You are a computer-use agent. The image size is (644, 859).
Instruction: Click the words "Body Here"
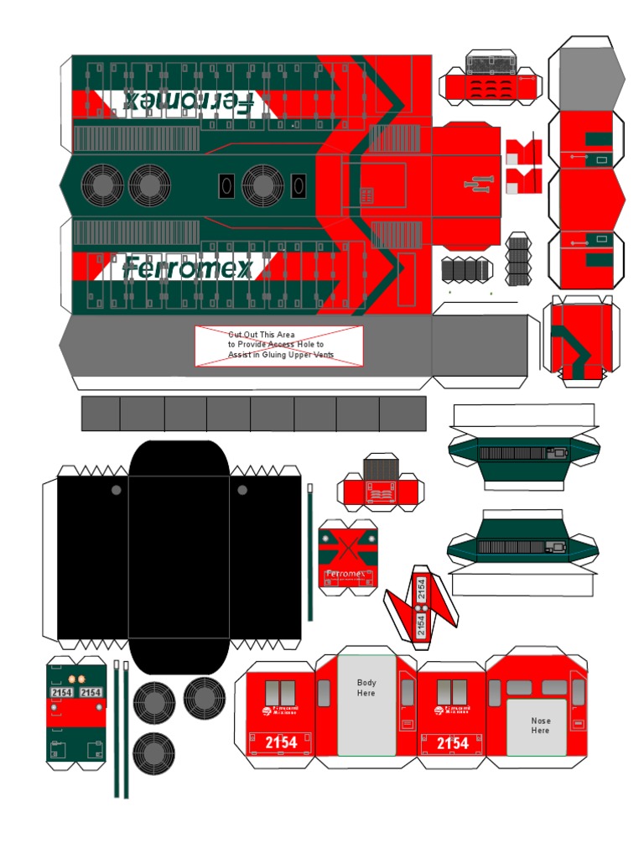[x=366, y=688]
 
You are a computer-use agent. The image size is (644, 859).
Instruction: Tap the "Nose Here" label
[x=541, y=726]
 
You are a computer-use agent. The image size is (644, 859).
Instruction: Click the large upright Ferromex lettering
[x=186, y=268]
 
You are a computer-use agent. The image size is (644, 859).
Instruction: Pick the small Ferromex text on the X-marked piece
[x=345, y=574]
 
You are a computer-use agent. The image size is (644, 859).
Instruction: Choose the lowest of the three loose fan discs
[x=153, y=753]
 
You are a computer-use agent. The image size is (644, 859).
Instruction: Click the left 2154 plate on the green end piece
[x=62, y=693]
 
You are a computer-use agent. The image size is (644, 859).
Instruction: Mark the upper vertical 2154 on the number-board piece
[x=422, y=589]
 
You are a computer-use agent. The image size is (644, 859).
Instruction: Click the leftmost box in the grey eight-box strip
[x=101, y=414]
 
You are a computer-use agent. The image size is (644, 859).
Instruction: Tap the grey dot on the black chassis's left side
[x=116, y=490]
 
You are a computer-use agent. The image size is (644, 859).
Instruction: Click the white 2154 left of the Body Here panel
[x=281, y=742]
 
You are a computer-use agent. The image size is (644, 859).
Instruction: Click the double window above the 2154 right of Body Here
[x=452, y=692]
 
